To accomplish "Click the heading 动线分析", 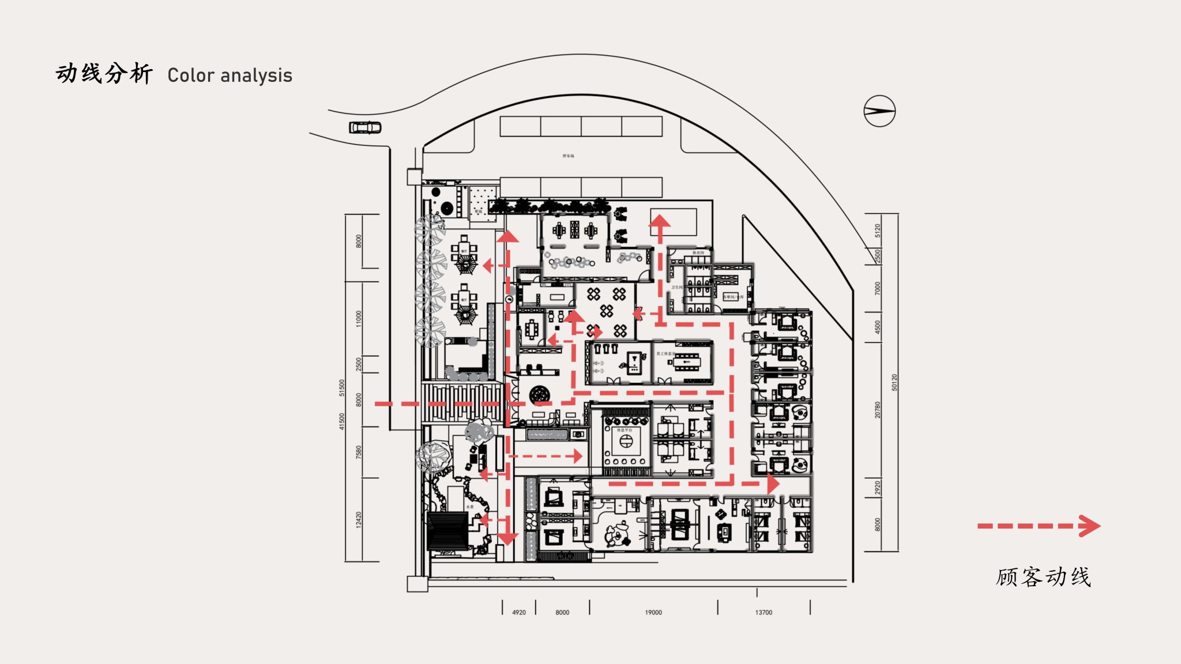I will click(x=104, y=74).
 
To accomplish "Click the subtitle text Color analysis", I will click(x=230, y=76).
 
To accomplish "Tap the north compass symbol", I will click(x=879, y=111).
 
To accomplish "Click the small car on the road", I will click(x=365, y=127).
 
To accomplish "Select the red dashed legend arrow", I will click(x=1039, y=526).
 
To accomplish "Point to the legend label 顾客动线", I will click(x=1043, y=577).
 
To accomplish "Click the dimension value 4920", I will click(x=519, y=612).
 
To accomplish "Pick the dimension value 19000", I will click(x=653, y=612).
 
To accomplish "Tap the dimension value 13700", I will click(x=763, y=612).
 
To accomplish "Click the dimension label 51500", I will click(x=342, y=387).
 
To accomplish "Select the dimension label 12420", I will click(x=359, y=519).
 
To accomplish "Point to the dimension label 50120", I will click(x=894, y=383).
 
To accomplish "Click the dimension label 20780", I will click(x=878, y=410).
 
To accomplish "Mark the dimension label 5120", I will click(x=878, y=231).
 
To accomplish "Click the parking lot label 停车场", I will click(x=569, y=156).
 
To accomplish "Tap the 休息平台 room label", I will click(x=625, y=430).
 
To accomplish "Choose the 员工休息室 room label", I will click(x=665, y=353).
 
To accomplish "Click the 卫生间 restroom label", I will click(x=676, y=287).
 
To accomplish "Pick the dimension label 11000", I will click(x=359, y=318).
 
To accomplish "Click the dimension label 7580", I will click(x=359, y=452).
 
